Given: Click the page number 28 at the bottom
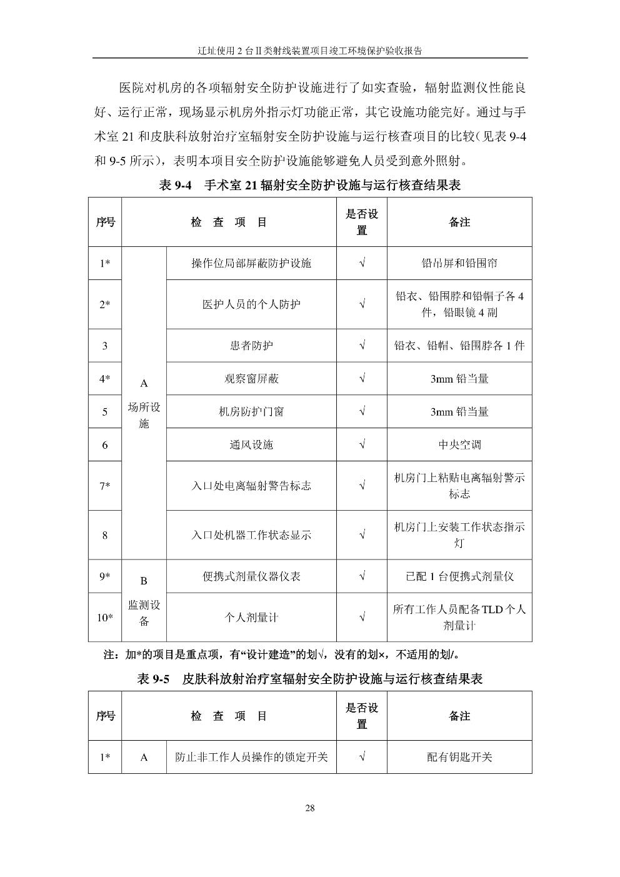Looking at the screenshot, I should (x=310, y=808).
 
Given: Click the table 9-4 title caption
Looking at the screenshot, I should (x=310, y=185).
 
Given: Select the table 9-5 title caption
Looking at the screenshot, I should (x=310, y=679).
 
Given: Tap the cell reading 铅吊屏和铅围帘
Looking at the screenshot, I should (x=459, y=263).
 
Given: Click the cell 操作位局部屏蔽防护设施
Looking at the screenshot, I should (x=251, y=263).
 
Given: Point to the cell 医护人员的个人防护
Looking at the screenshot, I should (x=251, y=304).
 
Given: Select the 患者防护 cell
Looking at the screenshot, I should (x=251, y=346).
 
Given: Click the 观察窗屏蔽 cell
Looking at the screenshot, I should (x=251, y=378).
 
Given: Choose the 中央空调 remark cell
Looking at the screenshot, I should (x=459, y=445).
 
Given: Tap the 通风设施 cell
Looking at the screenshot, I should (x=251, y=445).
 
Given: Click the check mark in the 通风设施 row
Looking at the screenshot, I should (x=362, y=445).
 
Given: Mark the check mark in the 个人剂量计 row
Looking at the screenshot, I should (x=362, y=618).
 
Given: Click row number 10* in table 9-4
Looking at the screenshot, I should (x=105, y=618).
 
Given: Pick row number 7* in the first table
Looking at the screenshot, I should (x=105, y=486).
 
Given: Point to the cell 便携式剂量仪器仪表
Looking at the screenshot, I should (x=251, y=576).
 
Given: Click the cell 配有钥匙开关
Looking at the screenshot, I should (x=459, y=757).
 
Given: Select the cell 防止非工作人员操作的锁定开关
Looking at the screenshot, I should (x=251, y=757).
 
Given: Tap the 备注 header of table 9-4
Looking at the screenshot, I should (x=459, y=222).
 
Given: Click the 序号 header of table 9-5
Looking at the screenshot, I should (x=105, y=716).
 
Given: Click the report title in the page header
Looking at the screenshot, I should (x=310, y=52).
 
